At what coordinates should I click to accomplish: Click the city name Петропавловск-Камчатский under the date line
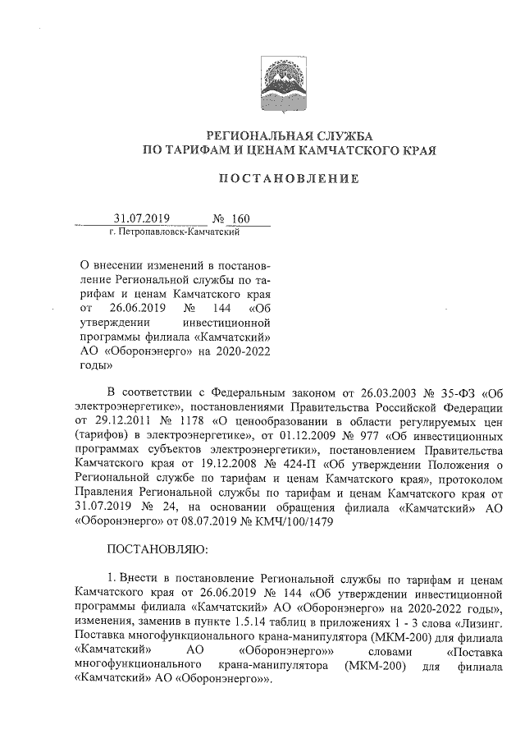click(x=174, y=233)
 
